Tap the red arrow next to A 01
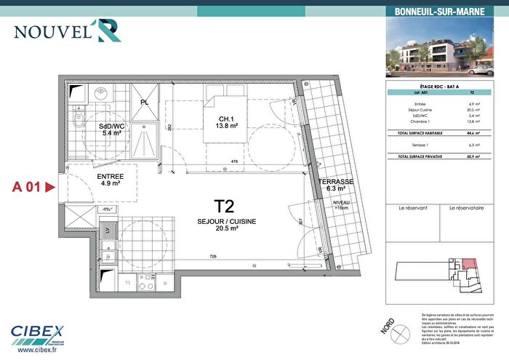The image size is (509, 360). click(x=50, y=187)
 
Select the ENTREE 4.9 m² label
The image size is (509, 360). click(x=110, y=180)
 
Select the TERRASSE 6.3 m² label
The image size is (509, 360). click(x=335, y=185)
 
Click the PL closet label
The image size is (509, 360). click(x=145, y=103)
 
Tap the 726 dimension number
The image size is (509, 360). click(x=214, y=256)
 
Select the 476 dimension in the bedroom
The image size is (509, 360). click(x=234, y=161)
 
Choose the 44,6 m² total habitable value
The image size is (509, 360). click(x=472, y=135)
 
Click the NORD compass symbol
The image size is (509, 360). click(x=386, y=327)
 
